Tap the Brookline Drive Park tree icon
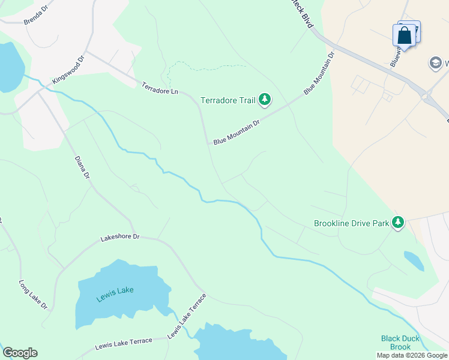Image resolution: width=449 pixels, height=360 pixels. (397, 223)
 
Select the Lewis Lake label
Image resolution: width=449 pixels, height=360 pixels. (115, 290)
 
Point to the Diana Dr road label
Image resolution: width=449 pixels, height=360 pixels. (82, 168)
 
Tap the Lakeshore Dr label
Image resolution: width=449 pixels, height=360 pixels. (119, 238)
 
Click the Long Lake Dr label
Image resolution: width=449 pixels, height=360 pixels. (33, 295)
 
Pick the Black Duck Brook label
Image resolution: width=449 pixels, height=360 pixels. (396, 343)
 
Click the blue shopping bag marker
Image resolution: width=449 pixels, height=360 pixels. (404, 35)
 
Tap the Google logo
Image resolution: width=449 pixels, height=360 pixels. (20, 352)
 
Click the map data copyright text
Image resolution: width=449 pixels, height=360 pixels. (412, 355)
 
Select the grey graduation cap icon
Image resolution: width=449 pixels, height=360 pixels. (435, 62)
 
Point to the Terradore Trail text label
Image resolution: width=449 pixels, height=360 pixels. (228, 100)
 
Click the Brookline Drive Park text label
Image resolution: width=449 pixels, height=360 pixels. (352, 223)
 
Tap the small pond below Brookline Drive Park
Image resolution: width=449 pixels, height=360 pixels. (413, 260)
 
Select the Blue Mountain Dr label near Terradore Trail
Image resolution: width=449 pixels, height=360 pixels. (237, 131)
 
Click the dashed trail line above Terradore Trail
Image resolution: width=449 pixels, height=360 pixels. (204, 65)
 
